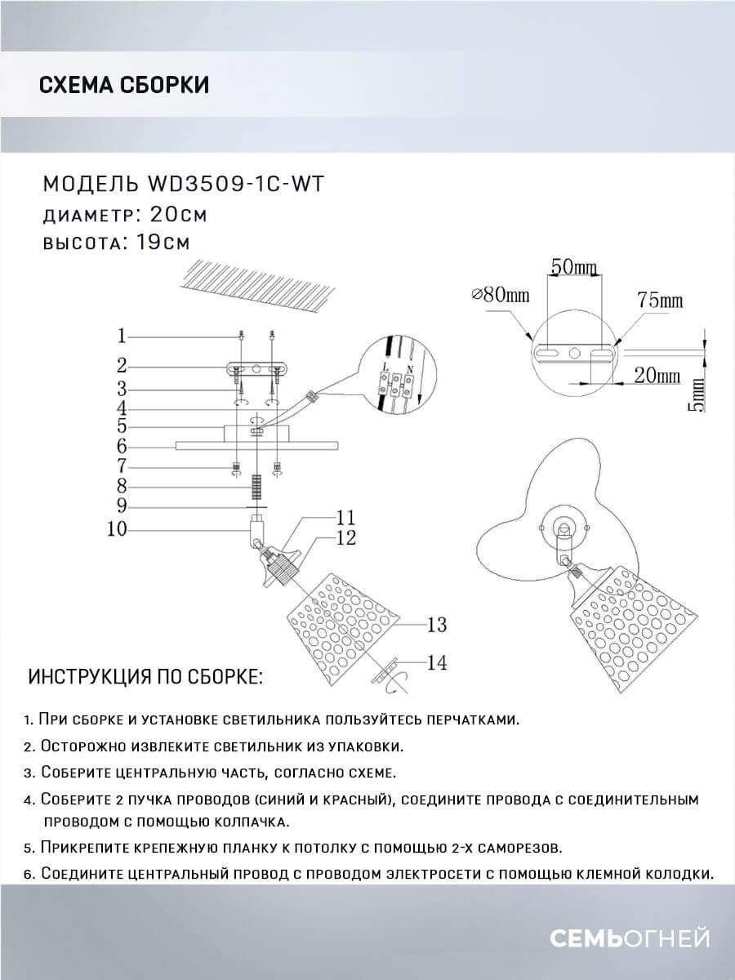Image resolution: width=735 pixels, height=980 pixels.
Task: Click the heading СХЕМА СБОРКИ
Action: pos(123,85)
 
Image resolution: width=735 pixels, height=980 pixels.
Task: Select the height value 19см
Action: pos(160,243)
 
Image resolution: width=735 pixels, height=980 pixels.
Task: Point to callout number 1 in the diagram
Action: pos(121,336)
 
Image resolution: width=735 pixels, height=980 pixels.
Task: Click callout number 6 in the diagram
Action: pos(121,447)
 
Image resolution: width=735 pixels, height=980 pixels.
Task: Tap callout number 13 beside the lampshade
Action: pos(437,625)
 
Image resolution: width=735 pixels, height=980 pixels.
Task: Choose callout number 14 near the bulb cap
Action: pos(437,663)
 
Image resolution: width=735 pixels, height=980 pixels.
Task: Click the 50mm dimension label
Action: pos(574,267)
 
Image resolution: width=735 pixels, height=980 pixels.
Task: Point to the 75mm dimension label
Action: pos(660,301)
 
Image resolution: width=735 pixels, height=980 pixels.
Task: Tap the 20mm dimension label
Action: pos(657,376)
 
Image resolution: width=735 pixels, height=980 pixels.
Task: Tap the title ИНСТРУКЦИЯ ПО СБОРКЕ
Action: pos(146,678)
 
